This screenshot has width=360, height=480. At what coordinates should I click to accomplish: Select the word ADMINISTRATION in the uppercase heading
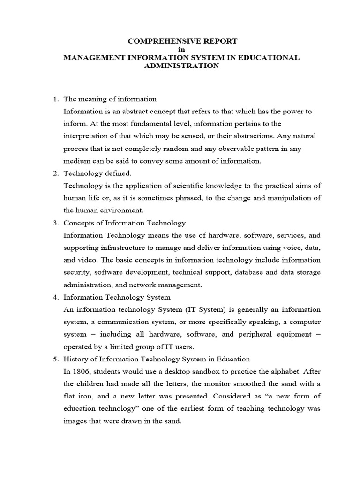coord(182,66)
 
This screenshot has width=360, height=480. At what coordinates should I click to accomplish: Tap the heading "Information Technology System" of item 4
coord(117,297)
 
